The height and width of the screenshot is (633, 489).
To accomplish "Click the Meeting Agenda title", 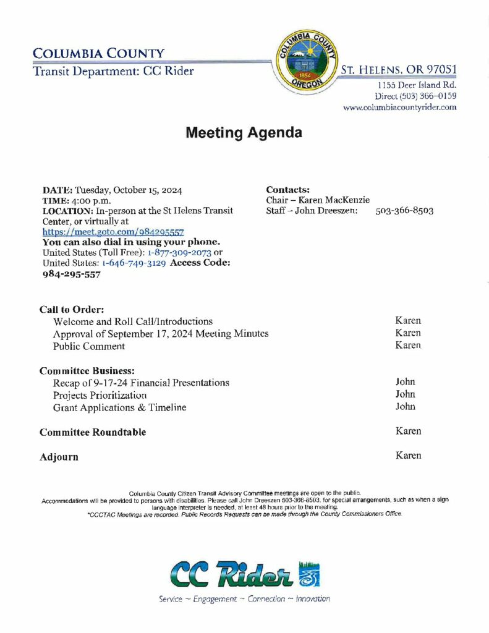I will click(244, 132).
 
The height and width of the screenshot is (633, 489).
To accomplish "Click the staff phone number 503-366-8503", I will click(404, 211).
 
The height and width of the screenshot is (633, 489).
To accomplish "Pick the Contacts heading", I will click(287, 190).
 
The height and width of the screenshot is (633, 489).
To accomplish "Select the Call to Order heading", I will click(72, 309).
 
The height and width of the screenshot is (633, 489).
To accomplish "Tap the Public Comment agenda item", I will click(89, 346).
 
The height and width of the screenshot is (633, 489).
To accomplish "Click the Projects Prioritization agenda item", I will click(100, 395).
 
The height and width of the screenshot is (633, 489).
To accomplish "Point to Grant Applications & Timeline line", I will click(120, 407).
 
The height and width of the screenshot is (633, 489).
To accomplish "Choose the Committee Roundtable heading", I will click(93, 432).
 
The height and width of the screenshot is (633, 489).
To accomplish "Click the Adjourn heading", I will click(59, 457).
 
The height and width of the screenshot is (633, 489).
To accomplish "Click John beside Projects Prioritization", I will click(405, 394).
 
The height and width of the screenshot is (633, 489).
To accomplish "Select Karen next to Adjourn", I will click(408, 456).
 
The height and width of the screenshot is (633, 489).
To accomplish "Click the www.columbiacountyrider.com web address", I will click(399, 107).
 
